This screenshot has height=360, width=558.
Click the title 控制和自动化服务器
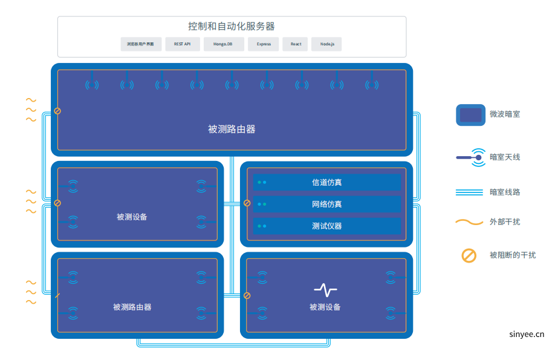click(x=232, y=26)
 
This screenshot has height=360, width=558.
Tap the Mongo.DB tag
click(x=222, y=44)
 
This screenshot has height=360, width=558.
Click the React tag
click(x=296, y=44)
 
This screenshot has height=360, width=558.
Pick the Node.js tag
click(x=326, y=44)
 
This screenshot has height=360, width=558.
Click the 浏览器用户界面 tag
click(x=141, y=44)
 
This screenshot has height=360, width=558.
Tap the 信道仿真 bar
click(x=327, y=182)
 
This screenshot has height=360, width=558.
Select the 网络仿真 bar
click(x=327, y=204)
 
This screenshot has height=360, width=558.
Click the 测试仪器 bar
click(x=327, y=226)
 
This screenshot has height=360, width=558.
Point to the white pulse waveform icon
click(x=325, y=289)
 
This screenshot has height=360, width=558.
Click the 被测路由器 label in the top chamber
click(x=232, y=129)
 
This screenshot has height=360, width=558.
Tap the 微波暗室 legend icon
click(x=470, y=114)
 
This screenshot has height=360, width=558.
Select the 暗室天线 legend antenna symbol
click(x=470, y=158)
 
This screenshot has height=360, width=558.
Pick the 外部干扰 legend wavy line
click(x=469, y=222)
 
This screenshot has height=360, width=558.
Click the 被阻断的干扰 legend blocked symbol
click(x=469, y=255)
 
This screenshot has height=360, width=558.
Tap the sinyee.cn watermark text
click(x=527, y=333)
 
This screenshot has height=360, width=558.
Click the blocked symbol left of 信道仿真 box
click(x=247, y=203)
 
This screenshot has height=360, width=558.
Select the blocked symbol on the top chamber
click(x=57, y=111)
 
